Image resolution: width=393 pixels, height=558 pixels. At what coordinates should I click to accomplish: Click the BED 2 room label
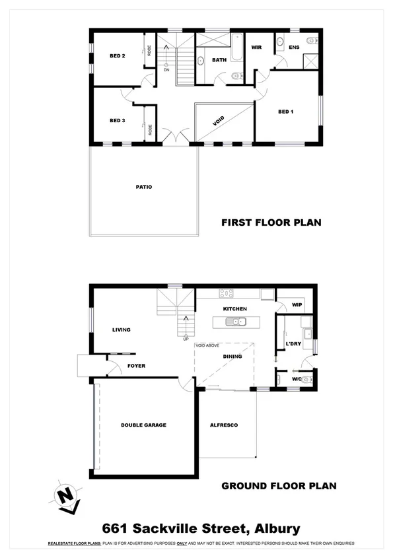click(118, 56)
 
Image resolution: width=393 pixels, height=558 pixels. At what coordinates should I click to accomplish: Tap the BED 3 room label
click(118, 120)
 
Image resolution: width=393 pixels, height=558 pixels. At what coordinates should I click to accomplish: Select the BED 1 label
click(285, 111)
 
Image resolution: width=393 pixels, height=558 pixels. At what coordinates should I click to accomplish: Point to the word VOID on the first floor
click(219, 121)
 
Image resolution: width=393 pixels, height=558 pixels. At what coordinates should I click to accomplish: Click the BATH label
click(219, 60)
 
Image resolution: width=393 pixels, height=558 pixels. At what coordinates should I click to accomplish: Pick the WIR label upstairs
click(257, 48)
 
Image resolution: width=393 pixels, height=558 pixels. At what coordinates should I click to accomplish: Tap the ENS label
click(295, 48)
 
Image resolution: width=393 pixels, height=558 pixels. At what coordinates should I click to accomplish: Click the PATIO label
click(144, 187)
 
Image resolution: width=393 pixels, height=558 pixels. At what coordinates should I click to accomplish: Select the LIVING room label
click(121, 330)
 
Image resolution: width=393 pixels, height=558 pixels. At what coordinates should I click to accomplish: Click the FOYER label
click(136, 365)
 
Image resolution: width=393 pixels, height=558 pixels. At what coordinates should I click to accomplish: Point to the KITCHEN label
click(234, 308)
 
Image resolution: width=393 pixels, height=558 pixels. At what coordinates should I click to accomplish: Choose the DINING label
click(232, 357)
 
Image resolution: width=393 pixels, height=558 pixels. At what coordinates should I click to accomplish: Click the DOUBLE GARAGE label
click(143, 425)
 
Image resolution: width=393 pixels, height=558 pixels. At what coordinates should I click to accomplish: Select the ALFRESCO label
click(223, 425)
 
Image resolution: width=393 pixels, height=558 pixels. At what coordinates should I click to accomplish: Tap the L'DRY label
click(294, 344)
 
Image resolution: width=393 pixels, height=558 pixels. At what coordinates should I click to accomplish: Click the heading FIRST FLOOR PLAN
click(271, 223)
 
